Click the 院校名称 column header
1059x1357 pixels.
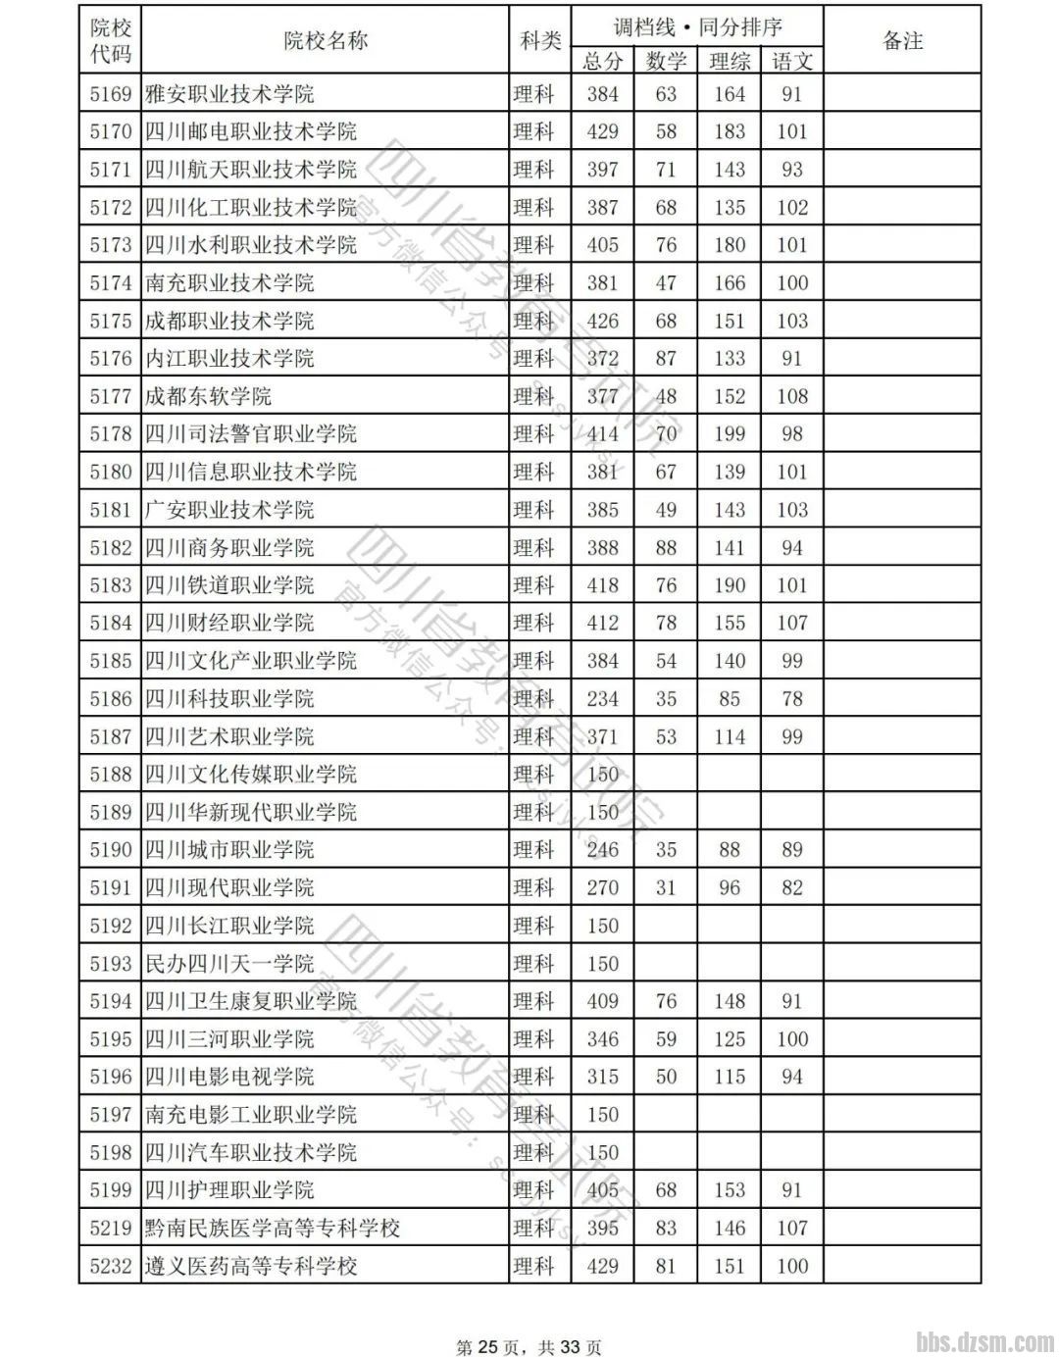325,41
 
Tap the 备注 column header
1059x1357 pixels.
902,41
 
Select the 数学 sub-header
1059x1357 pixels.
666,61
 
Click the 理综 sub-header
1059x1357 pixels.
730,61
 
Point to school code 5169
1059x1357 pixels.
110,94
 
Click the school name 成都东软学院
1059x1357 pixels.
208,396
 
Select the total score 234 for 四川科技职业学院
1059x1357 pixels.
602,698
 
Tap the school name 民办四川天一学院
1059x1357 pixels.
229,964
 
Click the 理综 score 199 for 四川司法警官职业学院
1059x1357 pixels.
730,433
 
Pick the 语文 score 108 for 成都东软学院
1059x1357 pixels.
792,396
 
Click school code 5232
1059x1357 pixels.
110,1266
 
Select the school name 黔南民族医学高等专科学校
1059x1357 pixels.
273,1228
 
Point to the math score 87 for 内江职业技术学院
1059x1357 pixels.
666,358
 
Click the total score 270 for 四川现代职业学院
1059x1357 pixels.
602,887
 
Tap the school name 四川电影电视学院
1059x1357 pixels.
229,1077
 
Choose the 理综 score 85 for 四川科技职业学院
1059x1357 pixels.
730,698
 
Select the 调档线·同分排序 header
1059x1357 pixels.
697,26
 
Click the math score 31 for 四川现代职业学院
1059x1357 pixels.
666,887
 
